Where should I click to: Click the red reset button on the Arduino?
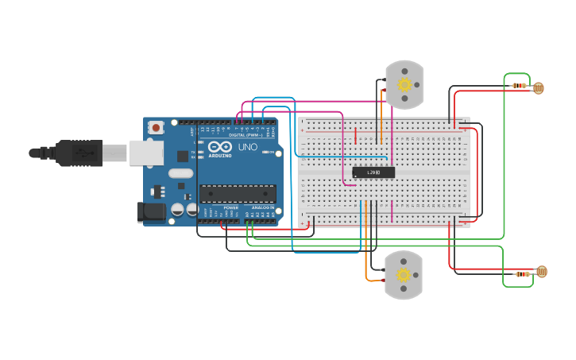pos(156,127)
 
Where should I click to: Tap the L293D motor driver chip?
pos(373,172)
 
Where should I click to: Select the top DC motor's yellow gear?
pos(404,84)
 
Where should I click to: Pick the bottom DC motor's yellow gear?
pos(404,275)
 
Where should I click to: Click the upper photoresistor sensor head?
pos(539,87)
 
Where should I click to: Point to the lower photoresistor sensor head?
pos(541,272)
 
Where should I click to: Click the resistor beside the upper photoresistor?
pos(520,85)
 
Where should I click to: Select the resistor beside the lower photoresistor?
pos(522,274)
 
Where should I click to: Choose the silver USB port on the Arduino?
pos(146,153)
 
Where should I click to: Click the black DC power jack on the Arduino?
pos(152,211)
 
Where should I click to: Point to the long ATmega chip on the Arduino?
pos(238,192)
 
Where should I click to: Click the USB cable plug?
pos(79,153)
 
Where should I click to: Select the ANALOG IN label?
pos(262,207)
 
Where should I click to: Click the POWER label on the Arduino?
pos(230,207)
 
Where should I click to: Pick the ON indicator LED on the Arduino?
pos(270,152)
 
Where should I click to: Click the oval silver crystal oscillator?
pos(180,173)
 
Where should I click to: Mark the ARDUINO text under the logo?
pos(220,156)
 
